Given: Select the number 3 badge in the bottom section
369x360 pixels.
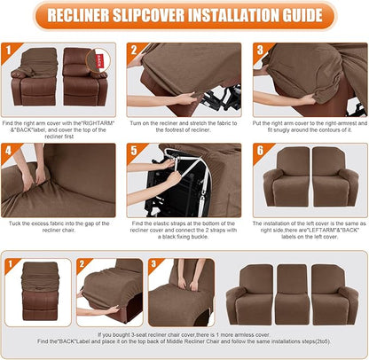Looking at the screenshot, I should pyautogui.click(x=155, y=263).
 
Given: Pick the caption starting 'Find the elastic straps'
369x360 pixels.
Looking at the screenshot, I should pyautogui.click(x=184, y=228).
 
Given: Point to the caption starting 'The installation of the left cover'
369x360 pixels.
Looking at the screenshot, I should pyautogui.click(x=307, y=228).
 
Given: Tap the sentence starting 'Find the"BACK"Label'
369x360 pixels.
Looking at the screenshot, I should pyautogui.click(x=184, y=341).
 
